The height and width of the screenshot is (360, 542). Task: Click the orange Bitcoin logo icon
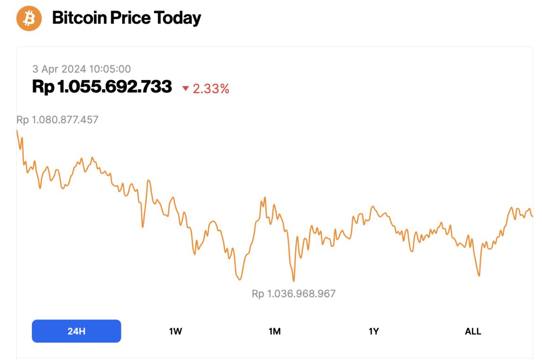29,18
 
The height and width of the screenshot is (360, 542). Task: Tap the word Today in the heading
177,18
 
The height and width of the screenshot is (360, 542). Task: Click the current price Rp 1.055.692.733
102,86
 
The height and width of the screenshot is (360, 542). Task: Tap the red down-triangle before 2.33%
185,89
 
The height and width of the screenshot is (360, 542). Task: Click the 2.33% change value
211,89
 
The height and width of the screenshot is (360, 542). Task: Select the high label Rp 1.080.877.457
57,120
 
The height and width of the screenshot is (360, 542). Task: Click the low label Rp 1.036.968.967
294,294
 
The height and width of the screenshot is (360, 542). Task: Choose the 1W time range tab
175,332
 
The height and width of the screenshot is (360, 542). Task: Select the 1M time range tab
274,332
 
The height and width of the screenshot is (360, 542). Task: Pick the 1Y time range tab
374,332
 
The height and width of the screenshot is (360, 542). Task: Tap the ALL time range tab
473,332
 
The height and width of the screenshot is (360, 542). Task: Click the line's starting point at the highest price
17,130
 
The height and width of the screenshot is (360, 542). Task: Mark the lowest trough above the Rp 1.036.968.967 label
294,281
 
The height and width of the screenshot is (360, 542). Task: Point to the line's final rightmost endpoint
533,216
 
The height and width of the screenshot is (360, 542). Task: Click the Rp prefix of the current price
43,86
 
